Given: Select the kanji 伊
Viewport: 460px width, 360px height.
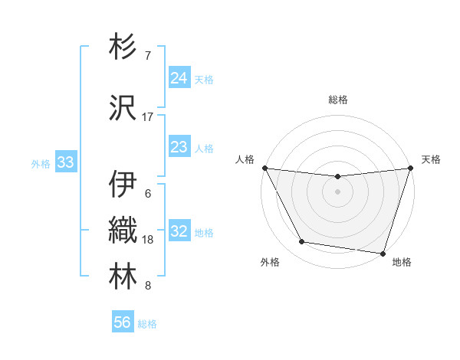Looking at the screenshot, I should [x=124, y=185].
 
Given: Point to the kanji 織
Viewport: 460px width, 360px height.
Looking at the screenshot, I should [x=124, y=231].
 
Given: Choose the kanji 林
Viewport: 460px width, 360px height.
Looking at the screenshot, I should [x=124, y=277].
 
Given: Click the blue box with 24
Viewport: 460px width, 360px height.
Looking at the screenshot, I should [x=179, y=77].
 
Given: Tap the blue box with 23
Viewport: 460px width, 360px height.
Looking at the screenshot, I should [x=179, y=146].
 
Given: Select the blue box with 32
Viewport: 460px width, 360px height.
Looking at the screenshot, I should [x=179, y=231].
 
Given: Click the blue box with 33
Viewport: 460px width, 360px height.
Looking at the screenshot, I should [x=65, y=162].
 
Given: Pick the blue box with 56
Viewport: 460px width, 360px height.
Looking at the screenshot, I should [x=123, y=322].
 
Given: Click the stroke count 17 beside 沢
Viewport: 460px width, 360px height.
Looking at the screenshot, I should [x=148, y=116].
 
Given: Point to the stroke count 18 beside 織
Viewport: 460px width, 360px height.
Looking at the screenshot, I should [x=149, y=240].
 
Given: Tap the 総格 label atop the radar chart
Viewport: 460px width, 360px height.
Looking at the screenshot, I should [x=338, y=100].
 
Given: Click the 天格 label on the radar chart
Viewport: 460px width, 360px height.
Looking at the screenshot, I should [x=431, y=159].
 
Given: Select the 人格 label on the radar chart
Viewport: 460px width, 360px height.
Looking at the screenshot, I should [x=245, y=159].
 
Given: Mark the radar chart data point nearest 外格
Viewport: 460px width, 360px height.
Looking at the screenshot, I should [x=302, y=243].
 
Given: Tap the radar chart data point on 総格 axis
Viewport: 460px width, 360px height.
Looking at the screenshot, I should [x=338, y=177].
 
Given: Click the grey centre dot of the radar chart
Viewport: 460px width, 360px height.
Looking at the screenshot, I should [x=338, y=192].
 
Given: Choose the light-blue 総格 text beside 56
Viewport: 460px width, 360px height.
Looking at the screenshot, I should [x=147, y=324].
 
